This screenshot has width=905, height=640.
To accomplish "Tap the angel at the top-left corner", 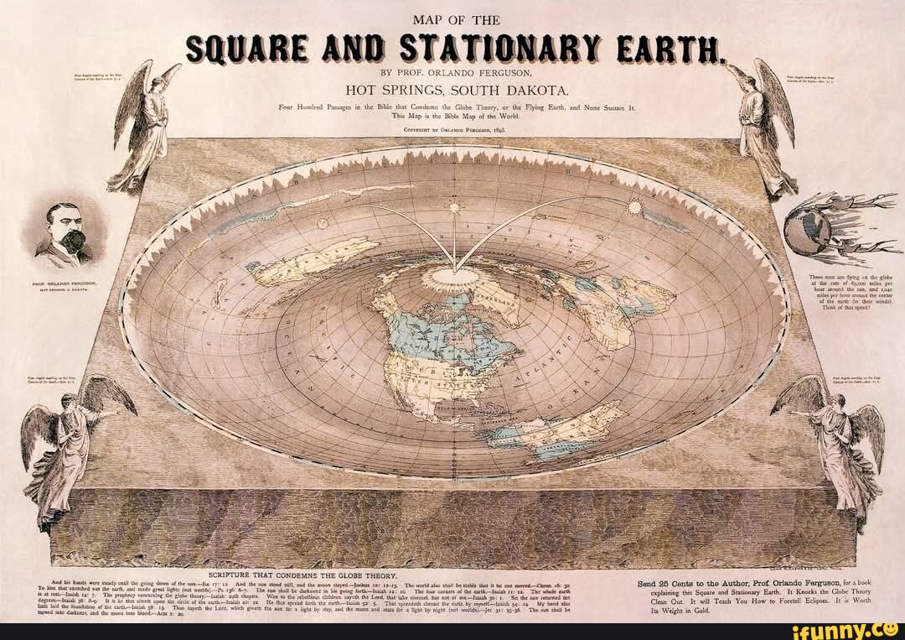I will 145,126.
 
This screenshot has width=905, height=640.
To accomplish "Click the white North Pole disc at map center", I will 453,277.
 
